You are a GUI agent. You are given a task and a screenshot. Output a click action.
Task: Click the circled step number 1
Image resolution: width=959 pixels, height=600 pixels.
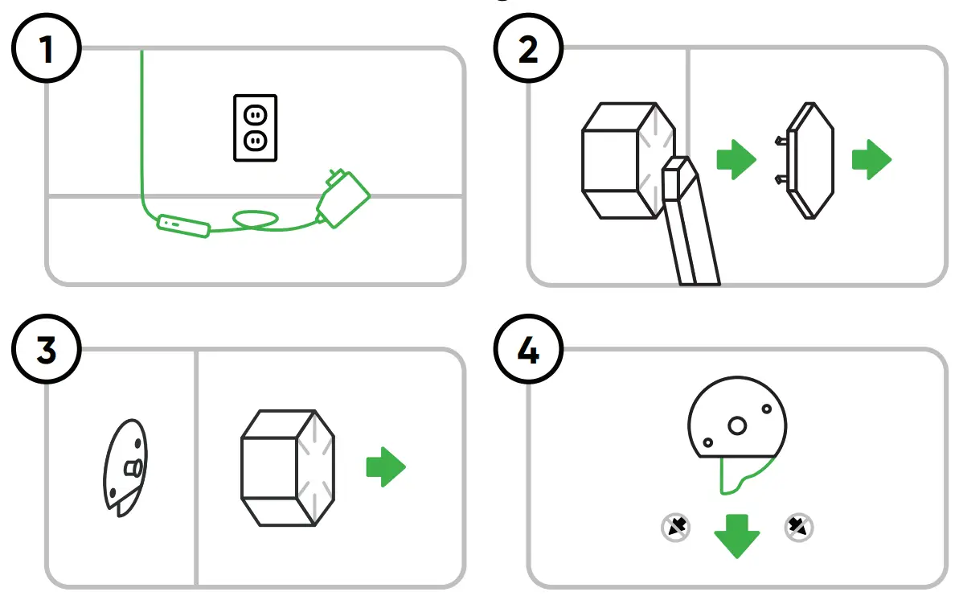(x=47, y=50)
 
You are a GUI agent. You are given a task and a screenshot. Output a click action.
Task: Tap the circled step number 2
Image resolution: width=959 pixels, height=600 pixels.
(x=528, y=50)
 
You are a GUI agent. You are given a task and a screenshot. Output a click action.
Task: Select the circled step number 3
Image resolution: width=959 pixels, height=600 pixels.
(x=47, y=351)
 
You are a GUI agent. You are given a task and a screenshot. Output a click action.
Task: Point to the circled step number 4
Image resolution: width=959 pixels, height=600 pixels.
(x=528, y=351)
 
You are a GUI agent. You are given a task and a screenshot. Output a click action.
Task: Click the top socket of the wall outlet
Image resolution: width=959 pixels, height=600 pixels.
(x=255, y=114)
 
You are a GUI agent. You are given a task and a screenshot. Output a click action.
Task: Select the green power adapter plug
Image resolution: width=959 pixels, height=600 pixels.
(x=343, y=197)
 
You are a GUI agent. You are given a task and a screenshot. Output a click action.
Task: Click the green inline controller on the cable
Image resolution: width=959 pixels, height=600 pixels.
(x=184, y=225)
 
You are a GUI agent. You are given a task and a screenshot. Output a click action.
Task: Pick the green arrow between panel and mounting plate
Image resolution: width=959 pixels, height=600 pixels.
(x=736, y=159)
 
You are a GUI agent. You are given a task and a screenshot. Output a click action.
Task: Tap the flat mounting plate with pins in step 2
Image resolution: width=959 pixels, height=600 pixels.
(x=808, y=161)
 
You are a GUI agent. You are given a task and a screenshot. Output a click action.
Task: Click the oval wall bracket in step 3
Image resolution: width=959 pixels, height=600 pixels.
(x=125, y=466)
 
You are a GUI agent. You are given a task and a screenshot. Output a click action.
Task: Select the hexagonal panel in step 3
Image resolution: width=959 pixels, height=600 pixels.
(x=287, y=468)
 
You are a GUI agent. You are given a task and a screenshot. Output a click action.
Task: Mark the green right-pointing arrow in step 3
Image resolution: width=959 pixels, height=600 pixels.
(x=386, y=467)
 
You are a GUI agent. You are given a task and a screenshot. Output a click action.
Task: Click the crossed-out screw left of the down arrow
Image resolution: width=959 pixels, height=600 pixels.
(x=675, y=527)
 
